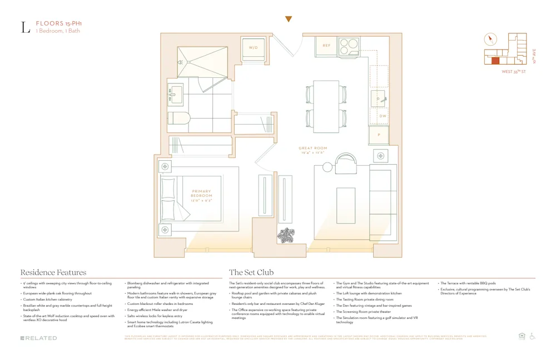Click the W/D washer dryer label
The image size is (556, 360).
coord(253,48)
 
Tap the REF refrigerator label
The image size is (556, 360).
coord(326,46)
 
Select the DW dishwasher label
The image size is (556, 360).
coord(383,116)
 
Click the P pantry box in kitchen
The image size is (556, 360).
coord(379,135)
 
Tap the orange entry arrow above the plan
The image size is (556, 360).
coord(288,19)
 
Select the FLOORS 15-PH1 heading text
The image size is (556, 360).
coord(55,23)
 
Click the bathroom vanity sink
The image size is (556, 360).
coord(177,95)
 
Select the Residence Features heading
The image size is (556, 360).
coord(53,272)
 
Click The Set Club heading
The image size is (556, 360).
coord(251,272)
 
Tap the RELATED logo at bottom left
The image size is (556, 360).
coord(38,338)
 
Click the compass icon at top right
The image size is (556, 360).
coord(490,39)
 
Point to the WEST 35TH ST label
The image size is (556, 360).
coord(514,71)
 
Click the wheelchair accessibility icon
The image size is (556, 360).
coord(532,336)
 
